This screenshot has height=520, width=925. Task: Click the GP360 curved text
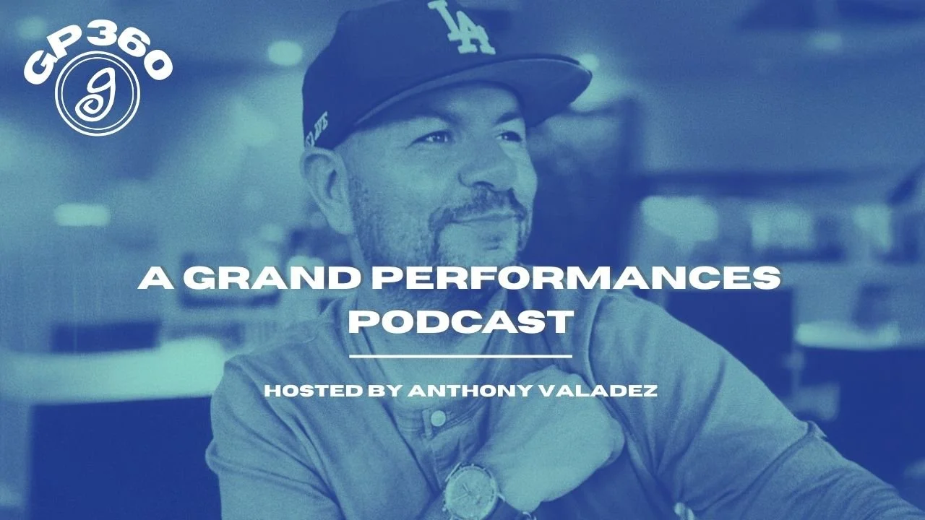tap(98, 47)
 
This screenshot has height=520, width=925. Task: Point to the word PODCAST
tap(461, 321)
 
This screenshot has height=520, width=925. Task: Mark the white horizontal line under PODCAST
tap(461, 356)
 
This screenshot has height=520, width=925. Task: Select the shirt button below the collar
tap(437, 418)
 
